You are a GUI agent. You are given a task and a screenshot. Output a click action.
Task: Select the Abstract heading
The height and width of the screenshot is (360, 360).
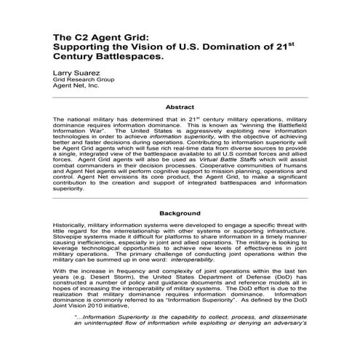(180, 107)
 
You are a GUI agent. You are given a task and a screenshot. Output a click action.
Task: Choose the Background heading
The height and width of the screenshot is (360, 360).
(180, 214)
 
